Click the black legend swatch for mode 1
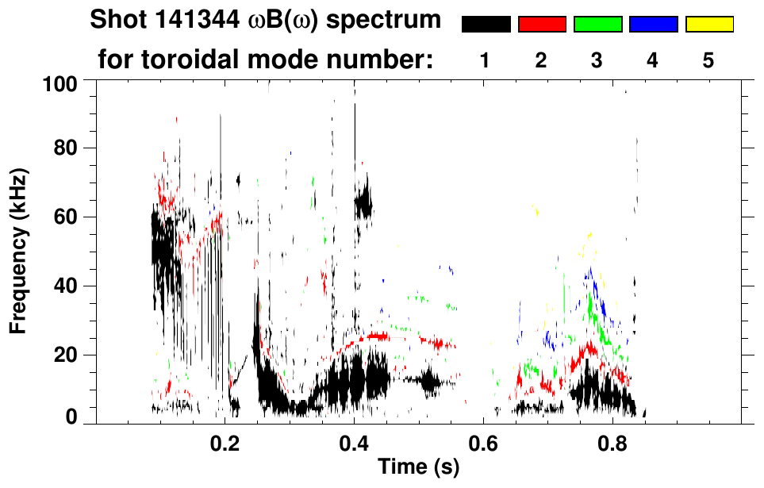486,25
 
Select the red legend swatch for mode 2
542,25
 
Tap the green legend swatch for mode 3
597,25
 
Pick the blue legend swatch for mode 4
653,25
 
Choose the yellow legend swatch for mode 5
709,25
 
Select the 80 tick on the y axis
66,148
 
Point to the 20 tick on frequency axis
66,355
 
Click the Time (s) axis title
417,467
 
